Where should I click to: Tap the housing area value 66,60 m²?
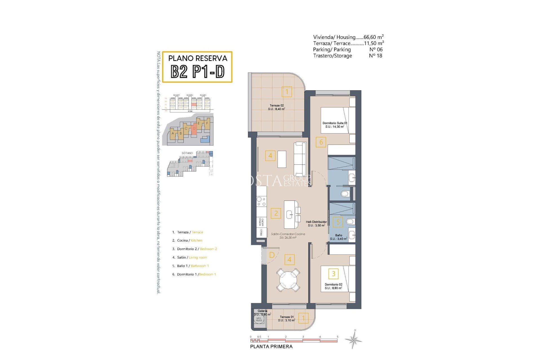pos(373,37)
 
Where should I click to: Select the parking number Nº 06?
pos(376,49)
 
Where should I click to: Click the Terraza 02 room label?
pos(276,107)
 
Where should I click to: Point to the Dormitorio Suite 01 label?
pos(335,125)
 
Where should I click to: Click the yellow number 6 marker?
pos(321,142)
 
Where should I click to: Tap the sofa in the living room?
pos(300,159)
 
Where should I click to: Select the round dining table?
pos(288,280)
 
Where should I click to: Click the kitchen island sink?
pos(290,215)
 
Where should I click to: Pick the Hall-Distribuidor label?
pos(316,223)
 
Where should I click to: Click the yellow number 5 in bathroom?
pos(338,222)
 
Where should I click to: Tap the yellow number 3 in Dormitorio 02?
pos(333,274)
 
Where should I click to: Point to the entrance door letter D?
pos(272,255)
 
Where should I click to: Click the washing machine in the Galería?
pos(259,319)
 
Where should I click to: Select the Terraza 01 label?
pos(287,318)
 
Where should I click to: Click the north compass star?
pos(354,340)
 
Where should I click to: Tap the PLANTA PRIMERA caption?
pos(271,347)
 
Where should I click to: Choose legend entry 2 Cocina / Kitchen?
pos(189,241)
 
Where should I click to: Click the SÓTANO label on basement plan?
pos(187,153)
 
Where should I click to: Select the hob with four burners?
pos(261,201)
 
